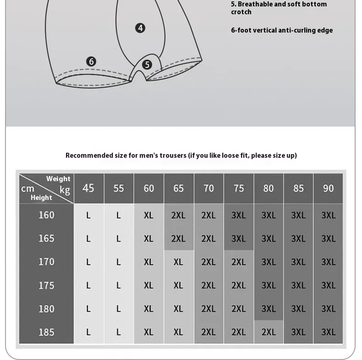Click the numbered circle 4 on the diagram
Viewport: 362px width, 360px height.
coord(140,28)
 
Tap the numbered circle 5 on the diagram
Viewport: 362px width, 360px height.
coord(147,65)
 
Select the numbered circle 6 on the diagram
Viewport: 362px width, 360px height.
coord(91,61)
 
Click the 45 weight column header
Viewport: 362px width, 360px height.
coord(88,188)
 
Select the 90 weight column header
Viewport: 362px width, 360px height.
coord(328,188)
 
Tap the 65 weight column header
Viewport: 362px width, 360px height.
coord(178,188)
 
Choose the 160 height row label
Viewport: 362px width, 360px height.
coord(46,215)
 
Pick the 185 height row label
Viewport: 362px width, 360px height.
coord(46,332)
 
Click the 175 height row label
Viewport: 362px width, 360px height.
coord(46,285)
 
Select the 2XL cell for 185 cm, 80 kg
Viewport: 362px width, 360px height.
coord(269,332)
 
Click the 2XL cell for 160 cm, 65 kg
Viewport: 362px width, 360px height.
coord(178,215)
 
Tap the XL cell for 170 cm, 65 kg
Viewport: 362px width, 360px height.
coord(178,262)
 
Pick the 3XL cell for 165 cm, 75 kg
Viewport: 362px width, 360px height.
coord(238,238)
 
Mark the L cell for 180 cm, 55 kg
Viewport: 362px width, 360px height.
coord(118,309)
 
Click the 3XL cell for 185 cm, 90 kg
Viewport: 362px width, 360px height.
coord(328,332)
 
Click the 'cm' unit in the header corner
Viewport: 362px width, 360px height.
coord(27,188)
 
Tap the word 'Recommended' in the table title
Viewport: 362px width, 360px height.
coord(89,155)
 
